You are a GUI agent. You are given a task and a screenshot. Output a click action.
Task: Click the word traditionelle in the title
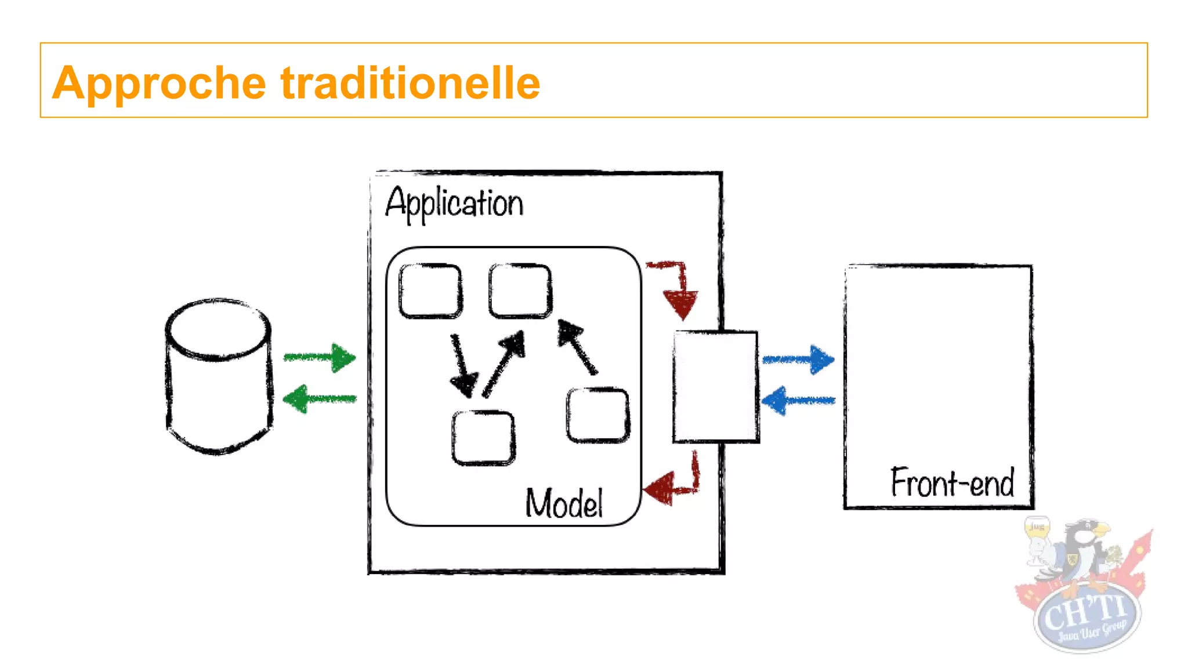pyautogui.click(x=410, y=83)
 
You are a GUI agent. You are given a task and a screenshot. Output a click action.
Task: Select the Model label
pyautogui.click(x=564, y=503)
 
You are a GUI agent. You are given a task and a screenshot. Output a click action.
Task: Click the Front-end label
pyautogui.click(x=952, y=482)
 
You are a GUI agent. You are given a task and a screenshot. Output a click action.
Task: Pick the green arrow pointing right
pyautogui.click(x=320, y=358)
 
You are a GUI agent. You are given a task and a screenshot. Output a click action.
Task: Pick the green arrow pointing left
pyautogui.click(x=320, y=399)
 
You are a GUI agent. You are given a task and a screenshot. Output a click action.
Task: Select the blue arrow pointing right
pyautogui.click(x=799, y=360)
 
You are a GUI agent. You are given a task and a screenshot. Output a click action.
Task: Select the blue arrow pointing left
pyautogui.click(x=798, y=401)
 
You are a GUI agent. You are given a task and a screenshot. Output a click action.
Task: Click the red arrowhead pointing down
pyautogui.click(x=680, y=304)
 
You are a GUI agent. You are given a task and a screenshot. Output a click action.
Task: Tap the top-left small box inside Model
pyautogui.click(x=430, y=291)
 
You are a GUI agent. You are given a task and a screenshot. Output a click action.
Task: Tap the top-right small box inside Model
pyautogui.click(x=520, y=291)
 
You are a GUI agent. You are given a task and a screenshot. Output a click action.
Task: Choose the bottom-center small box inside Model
pyautogui.click(x=483, y=438)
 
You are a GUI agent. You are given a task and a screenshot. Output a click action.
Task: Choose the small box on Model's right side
pyautogui.click(x=598, y=415)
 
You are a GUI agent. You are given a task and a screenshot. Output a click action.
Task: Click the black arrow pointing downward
pyautogui.click(x=462, y=366)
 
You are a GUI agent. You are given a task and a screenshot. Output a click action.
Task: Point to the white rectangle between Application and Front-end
pyautogui.click(x=716, y=387)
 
